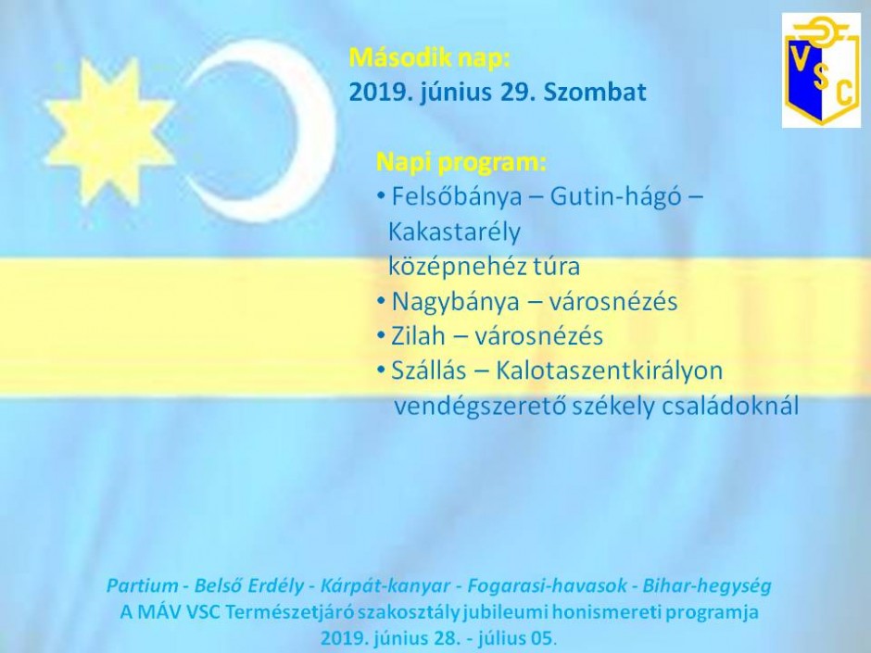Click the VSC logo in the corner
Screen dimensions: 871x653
pos(821,70)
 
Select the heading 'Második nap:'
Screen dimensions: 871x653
pos(429,57)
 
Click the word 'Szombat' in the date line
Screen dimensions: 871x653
pos(594,93)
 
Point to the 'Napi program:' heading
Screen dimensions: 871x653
pos(461,162)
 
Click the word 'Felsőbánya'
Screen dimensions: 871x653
pos(457,196)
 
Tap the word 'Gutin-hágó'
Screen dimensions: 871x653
pos(615,197)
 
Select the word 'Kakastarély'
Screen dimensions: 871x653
pos(454,232)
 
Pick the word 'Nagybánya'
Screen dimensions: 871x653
pos(453,302)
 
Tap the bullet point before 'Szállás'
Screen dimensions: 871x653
pos(381,370)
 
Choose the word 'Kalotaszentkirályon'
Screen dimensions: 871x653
pos(609,370)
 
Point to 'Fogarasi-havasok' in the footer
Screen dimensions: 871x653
pos(548,585)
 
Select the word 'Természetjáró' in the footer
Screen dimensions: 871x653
pos(289,612)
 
